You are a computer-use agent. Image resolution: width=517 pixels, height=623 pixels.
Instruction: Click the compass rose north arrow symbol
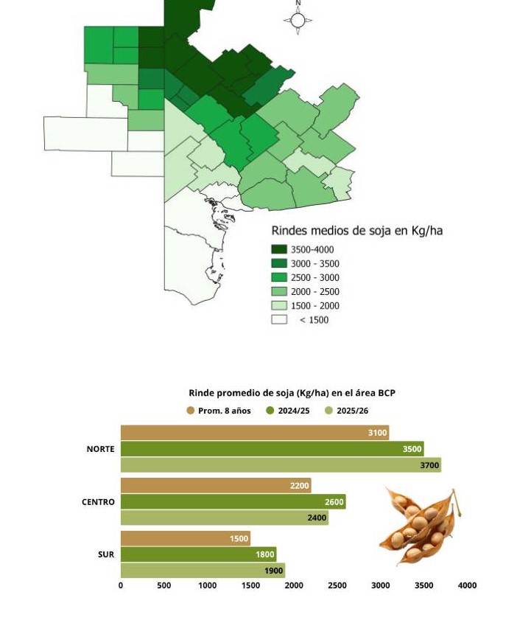pos(298,19)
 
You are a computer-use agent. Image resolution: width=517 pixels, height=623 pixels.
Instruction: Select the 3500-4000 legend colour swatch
pos(279,249)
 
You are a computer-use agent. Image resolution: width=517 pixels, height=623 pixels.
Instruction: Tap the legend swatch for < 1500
pos(279,319)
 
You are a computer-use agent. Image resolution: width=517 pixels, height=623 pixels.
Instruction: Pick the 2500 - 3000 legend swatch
pos(279,277)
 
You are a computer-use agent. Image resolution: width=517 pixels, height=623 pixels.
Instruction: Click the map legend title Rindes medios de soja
pos(356,231)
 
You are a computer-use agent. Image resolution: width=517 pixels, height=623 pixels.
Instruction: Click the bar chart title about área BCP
pos(292,393)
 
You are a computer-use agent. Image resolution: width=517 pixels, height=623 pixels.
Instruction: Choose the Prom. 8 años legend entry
pos(219,411)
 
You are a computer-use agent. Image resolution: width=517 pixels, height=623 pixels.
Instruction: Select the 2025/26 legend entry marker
pos(329,411)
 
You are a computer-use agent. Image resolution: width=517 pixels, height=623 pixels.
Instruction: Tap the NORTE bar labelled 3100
pos(255,433)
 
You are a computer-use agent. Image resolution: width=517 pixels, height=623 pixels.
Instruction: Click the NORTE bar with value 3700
pos(281,465)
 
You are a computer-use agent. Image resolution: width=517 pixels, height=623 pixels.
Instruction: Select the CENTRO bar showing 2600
pos(233,502)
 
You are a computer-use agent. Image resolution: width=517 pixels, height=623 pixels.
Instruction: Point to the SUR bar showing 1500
pos(186,538)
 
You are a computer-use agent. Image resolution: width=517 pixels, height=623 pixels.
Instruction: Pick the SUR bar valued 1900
pos(203,571)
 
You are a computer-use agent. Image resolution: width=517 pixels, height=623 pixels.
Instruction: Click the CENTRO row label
pos(98,502)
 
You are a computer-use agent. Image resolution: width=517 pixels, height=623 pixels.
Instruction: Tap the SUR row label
pos(106,554)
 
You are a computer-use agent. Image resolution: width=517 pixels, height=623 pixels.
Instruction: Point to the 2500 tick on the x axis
pos(337,585)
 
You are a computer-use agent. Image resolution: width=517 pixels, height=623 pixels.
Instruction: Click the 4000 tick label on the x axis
pos(468,585)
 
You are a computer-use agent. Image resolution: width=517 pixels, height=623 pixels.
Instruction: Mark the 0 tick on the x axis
pos(121,585)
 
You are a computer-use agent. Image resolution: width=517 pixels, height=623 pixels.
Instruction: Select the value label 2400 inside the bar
pos(317,518)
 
